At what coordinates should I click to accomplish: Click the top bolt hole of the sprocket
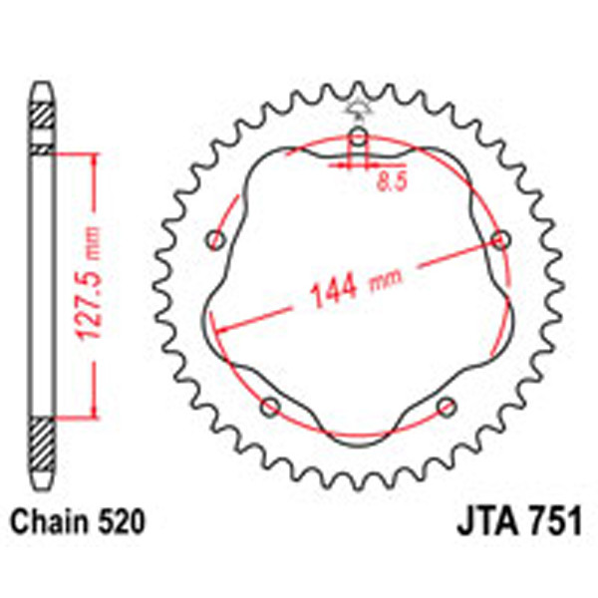357,137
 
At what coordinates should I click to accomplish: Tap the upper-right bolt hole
501,239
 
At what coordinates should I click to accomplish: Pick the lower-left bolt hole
268,406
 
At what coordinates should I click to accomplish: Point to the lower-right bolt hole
447,406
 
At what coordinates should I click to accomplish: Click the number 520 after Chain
122,521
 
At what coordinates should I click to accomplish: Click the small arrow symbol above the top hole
357,108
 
